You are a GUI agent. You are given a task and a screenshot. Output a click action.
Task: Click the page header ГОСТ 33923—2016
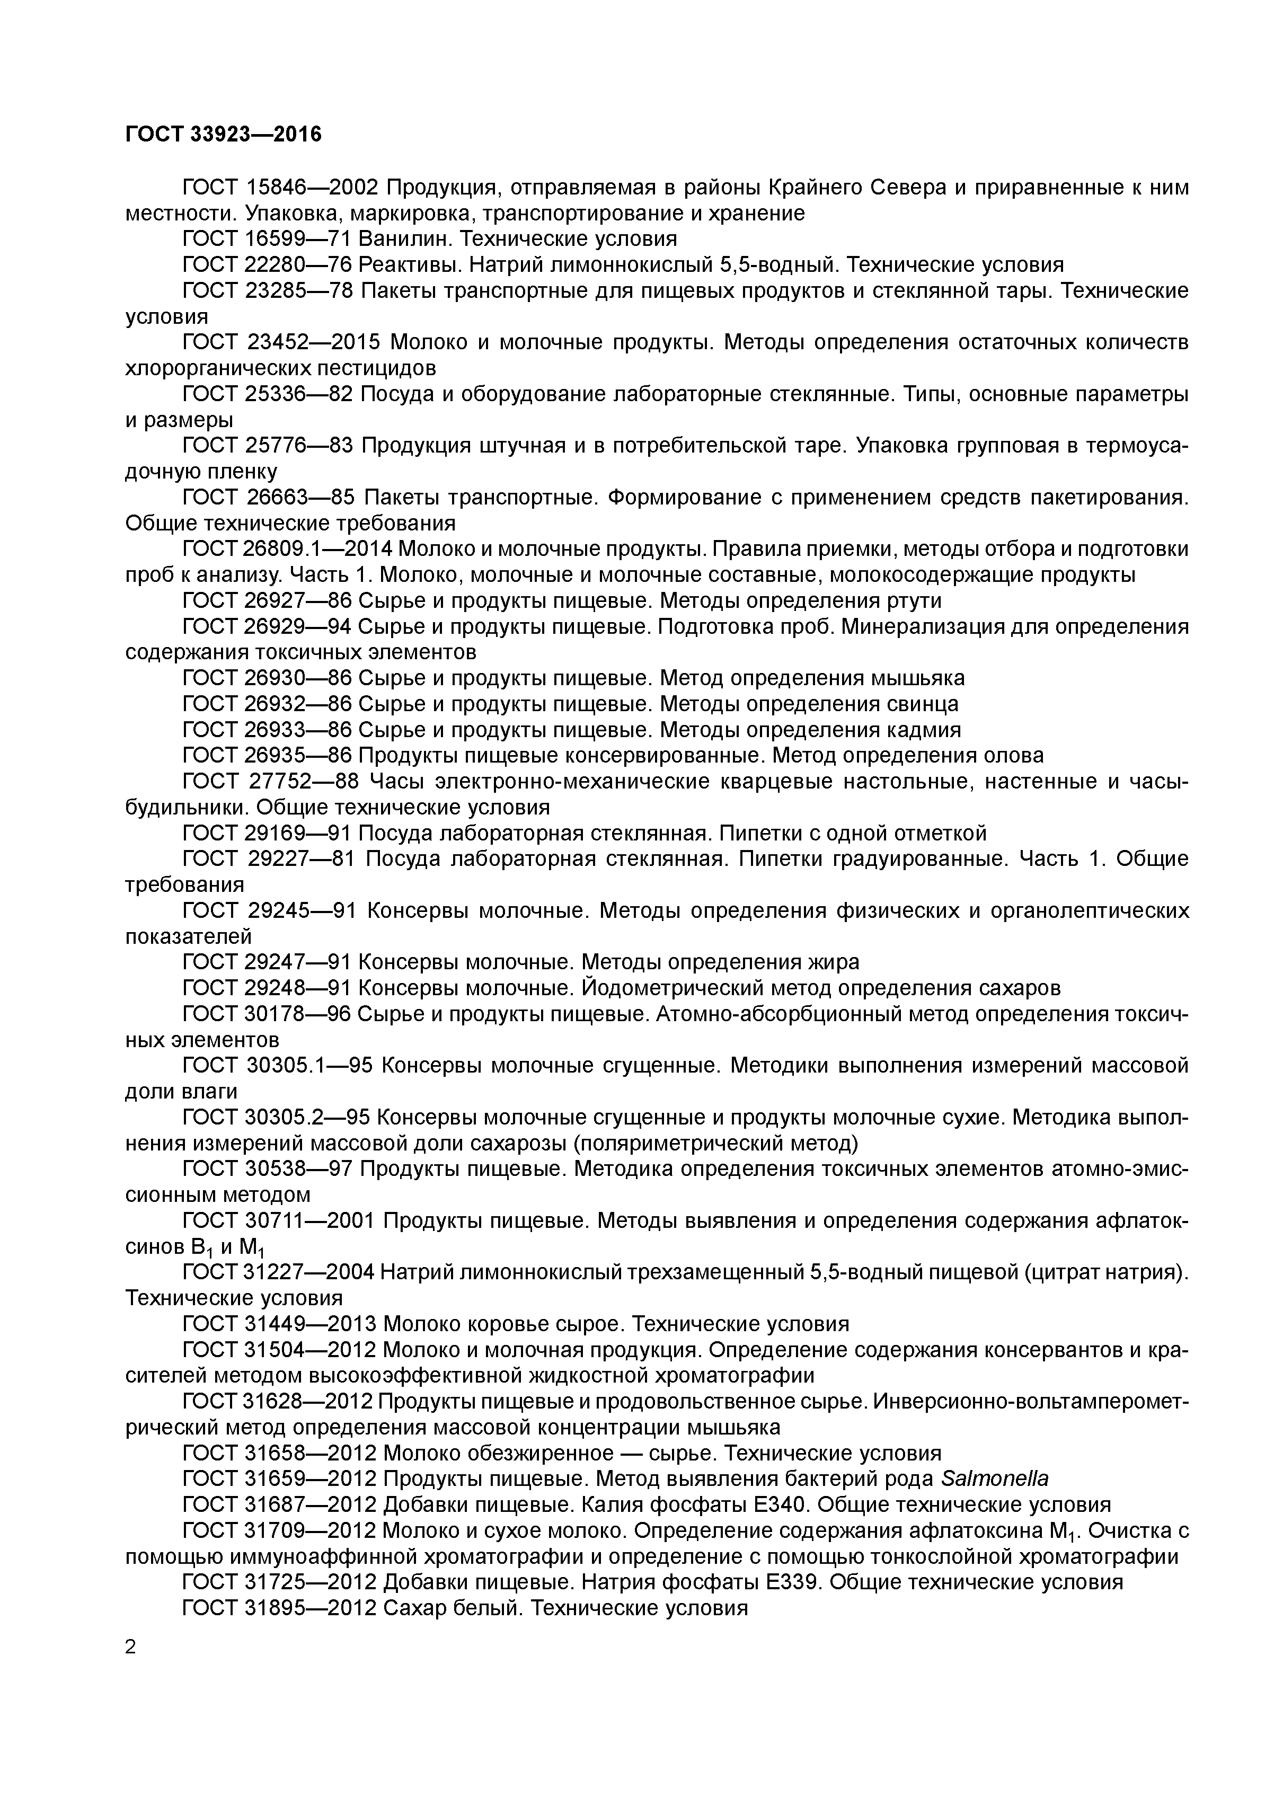point(224,135)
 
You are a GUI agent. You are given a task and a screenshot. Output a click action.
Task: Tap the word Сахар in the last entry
point(411,1608)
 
